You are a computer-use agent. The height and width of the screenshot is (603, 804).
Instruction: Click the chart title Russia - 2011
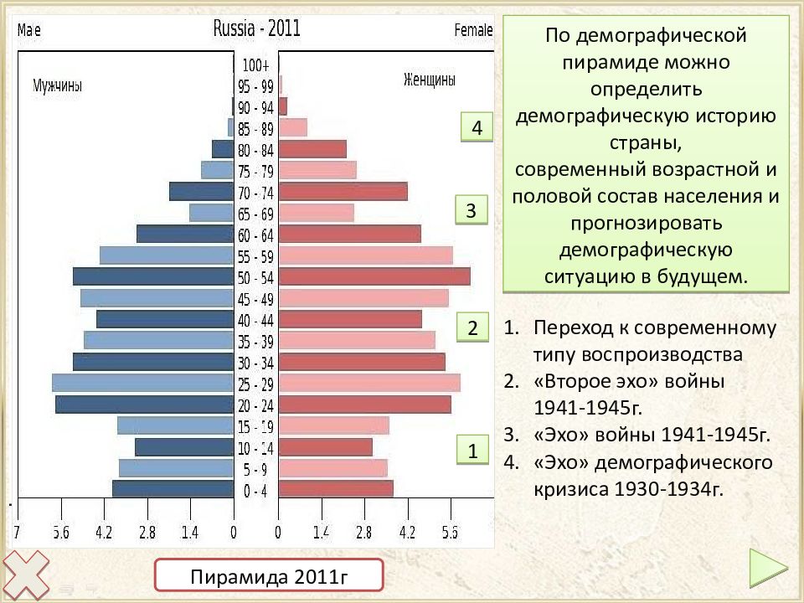click(x=256, y=28)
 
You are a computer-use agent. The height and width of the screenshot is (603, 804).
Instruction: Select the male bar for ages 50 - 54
click(x=153, y=276)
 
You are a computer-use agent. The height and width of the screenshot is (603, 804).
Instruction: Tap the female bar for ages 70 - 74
click(x=343, y=191)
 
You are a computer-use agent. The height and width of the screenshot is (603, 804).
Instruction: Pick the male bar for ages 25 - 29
click(x=143, y=383)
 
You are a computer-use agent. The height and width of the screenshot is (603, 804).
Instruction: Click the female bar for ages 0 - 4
click(x=336, y=488)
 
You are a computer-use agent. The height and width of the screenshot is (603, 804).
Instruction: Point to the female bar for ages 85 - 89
click(x=293, y=127)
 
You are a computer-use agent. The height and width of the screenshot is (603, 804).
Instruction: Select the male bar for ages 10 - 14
click(x=184, y=447)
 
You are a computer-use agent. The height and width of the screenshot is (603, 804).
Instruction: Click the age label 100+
click(x=255, y=65)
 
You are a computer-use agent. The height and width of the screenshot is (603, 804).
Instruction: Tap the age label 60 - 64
click(x=255, y=235)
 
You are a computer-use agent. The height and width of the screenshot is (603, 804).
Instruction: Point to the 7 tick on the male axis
click(x=17, y=533)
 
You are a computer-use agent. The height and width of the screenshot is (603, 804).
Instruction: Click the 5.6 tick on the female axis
click(x=451, y=533)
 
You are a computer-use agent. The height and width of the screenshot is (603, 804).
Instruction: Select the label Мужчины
click(x=58, y=85)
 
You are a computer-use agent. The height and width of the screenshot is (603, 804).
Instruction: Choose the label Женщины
click(x=430, y=80)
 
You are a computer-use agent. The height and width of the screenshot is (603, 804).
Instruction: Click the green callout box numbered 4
click(x=477, y=127)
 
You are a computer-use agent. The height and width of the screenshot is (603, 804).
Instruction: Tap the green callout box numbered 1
click(x=472, y=451)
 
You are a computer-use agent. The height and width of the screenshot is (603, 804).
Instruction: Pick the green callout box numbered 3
click(x=472, y=209)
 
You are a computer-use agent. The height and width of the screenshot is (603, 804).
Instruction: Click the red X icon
click(x=26, y=575)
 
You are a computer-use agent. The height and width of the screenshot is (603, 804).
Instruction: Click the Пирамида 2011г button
click(x=269, y=575)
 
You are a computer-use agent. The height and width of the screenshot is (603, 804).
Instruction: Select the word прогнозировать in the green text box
click(x=646, y=223)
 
